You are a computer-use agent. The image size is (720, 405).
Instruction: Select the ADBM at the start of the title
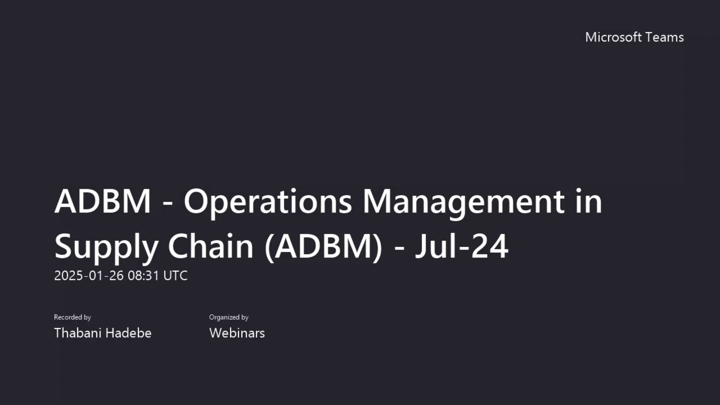tap(103, 201)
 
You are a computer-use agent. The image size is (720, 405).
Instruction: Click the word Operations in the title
tap(267, 201)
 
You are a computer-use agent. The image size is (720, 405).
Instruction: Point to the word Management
tap(463, 201)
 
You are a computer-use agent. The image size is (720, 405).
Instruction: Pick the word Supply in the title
tap(106, 247)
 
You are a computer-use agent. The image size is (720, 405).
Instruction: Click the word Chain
tap(210, 246)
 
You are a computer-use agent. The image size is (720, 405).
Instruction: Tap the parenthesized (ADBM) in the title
tap(323, 246)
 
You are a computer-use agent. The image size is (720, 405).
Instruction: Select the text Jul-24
tap(462, 246)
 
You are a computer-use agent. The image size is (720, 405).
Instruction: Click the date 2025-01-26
tap(89, 276)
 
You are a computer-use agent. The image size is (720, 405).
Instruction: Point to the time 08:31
tap(144, 276)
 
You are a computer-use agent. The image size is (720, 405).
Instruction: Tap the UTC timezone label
tap(175, 276)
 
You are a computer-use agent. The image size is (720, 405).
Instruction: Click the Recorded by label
tap(72, 317)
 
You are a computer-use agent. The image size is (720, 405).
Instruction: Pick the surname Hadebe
tap(129, 333)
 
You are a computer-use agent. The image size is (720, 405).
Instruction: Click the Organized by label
tap(229, 317)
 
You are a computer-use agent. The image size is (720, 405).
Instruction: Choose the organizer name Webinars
tap(237, 333)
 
